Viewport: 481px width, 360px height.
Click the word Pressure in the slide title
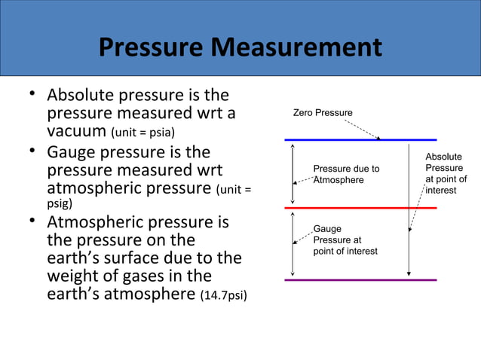[x=150, y=49]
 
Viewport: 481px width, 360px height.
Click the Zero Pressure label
[x=322, y=113]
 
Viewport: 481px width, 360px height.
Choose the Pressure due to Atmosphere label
[x=346, y=174]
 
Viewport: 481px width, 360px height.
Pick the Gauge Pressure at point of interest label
[x=345, y=239]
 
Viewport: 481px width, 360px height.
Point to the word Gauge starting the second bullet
[x=75, y=152]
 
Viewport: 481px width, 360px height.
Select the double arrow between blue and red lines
[x=293, y=173]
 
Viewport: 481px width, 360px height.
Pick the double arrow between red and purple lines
[x=293, y=243]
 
